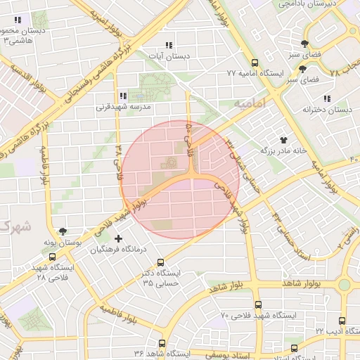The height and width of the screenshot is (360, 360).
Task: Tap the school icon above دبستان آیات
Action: [167, 45]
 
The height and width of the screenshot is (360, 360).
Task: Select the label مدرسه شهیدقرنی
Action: [120, 108]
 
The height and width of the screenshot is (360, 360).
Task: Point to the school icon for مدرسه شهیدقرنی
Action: [123, 96]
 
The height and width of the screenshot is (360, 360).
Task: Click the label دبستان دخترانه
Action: [326, 110]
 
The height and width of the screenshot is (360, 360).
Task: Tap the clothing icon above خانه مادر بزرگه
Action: [284, 140]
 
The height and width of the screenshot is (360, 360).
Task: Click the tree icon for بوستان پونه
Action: [63, 231]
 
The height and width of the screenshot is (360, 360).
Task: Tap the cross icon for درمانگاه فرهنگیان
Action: [117, 239]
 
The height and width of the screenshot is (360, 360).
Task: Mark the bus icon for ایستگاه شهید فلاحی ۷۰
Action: [258, 305]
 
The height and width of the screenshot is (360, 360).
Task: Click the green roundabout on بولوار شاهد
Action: [344, 285]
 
